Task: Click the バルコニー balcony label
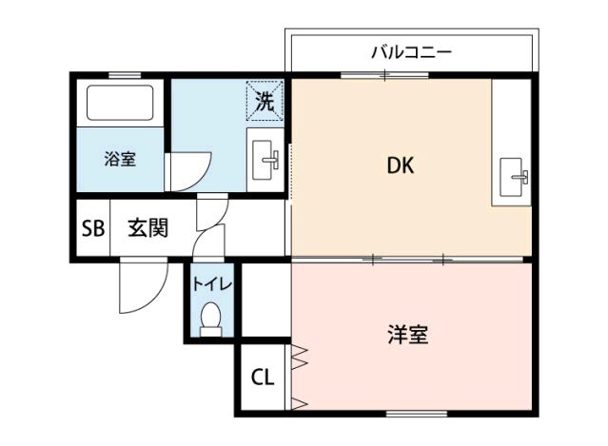[x=411, y=52]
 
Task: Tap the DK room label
[x=401, y=165]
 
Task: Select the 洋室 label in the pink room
[x=408, y=335]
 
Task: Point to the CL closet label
[x=263, y=377]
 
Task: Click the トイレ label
[x=212, y=284]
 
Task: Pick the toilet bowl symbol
[x=211, y=320]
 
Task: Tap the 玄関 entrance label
[x=148, y=228]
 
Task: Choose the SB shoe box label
[x=93, y=228]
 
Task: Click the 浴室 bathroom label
[x=120, y=159]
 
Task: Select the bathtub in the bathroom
[x=120, y=103]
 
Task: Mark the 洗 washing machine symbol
[x=265, y=101]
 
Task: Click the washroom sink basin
[x=265, y=160]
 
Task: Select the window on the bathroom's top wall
[x=125, y=75]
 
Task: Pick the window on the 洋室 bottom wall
[x=417, y=414]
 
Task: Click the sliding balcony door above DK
[x=384, y=75]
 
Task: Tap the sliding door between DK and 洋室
[x=407, y=260]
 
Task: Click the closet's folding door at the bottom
[x=299, y=404]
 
